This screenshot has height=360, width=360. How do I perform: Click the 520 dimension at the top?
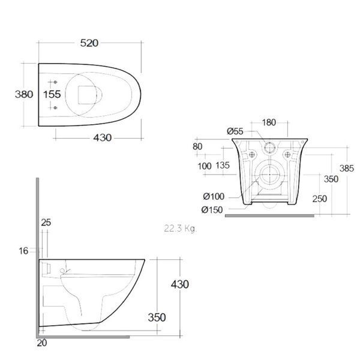(89, 43)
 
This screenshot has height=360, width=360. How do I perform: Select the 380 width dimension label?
(24, 94)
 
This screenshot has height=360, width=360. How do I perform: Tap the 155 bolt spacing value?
(52, 94)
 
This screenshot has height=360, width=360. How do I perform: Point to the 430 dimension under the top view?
(102, 138)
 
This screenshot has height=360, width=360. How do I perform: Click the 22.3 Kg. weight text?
(180, 229)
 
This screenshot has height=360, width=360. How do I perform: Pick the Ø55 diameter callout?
(235, 131)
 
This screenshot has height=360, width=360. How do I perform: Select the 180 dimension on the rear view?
(269, 122)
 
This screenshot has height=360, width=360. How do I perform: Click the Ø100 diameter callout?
(214, 197)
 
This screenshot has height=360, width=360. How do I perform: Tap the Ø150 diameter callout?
(212, 210)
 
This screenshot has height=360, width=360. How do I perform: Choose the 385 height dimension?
(347, 169)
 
